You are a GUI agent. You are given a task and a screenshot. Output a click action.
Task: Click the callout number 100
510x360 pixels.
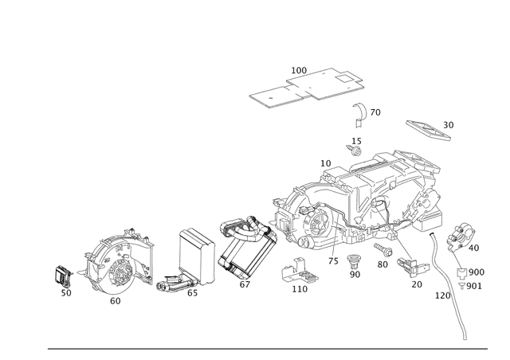[299, 70]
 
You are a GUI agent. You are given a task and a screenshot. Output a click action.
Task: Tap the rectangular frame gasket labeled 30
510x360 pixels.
[429, 131]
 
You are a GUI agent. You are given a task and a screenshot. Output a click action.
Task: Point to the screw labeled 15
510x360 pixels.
[354, 151]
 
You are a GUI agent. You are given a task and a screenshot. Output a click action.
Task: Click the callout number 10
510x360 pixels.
[326, 163]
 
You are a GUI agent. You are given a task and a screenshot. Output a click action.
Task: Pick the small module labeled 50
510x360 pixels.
[63, 276]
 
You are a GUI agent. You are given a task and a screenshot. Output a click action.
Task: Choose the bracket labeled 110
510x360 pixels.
[299, 271]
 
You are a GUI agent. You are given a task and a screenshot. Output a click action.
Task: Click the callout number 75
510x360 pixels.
[333, 261]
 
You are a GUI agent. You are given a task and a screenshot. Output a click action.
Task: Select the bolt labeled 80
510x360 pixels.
[383, 250]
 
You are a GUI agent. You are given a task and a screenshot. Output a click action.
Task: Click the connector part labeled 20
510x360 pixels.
[413, 266]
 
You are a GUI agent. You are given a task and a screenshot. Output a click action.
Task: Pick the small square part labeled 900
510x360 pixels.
[462, 273]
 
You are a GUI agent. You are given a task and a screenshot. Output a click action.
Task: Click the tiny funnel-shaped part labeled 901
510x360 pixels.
[461, 286]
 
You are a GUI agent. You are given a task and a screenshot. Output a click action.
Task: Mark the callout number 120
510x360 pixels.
[443, 295]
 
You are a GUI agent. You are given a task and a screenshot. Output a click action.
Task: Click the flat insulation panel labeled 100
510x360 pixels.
[306, 87]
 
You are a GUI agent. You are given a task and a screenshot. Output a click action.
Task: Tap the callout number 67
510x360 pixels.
[245, 284]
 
